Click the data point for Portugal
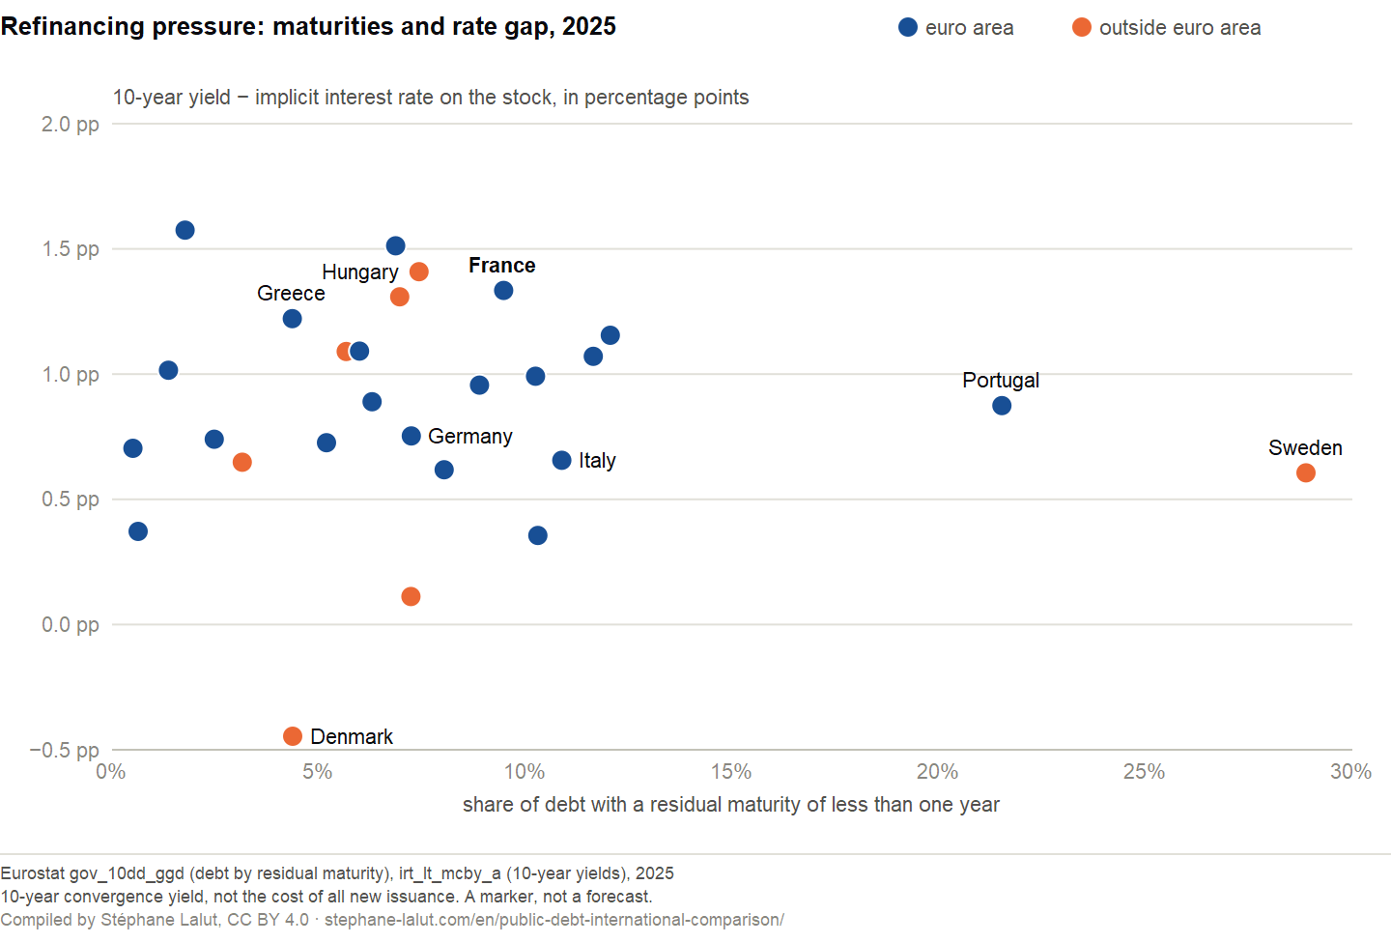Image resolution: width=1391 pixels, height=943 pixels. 1002,406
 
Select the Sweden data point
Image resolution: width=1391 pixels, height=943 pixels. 1306,472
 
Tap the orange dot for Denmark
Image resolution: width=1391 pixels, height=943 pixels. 293,736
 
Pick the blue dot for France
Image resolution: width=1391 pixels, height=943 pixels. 503,290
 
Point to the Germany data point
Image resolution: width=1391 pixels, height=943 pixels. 412,436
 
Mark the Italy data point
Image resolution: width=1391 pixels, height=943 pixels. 561,460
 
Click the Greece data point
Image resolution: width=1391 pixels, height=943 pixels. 293,319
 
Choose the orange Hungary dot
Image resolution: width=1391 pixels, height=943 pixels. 419,271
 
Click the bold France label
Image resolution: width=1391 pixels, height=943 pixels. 501,266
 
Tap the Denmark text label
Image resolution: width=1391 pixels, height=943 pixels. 352,737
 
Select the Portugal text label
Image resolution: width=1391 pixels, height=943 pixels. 1001,380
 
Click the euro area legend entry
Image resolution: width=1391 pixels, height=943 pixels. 956,27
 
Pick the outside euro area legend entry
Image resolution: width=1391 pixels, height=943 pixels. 1167,27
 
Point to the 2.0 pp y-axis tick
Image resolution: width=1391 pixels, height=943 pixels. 71,125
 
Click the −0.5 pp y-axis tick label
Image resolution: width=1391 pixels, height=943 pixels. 65,750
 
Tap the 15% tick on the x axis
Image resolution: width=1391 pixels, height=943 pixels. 731,772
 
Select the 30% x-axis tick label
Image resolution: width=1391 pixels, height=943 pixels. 1350,772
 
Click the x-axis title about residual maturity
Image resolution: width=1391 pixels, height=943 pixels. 731,805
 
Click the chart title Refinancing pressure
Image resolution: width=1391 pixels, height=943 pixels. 308,27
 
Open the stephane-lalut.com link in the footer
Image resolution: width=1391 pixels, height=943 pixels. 554,920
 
